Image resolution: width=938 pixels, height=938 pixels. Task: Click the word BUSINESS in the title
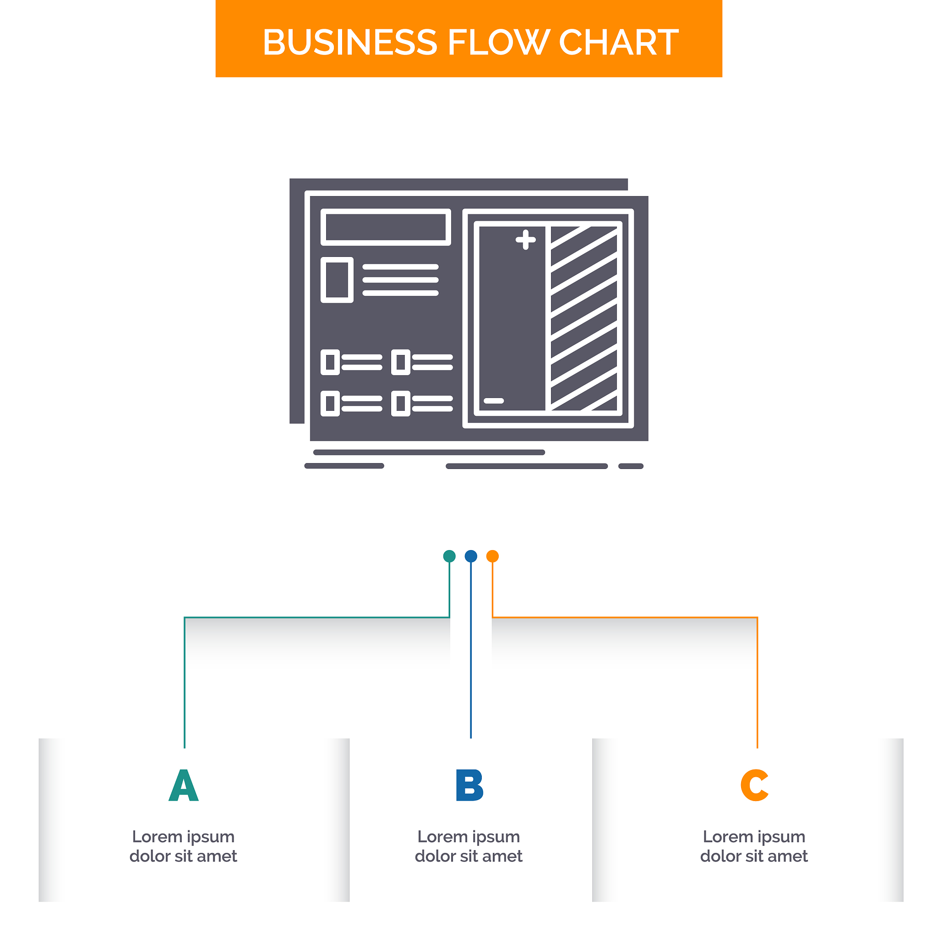[349, 42]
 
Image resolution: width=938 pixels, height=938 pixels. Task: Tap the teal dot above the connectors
[450, 556]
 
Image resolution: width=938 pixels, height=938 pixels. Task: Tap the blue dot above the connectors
[471, 556]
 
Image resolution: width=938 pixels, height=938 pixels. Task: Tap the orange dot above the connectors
[492, 556]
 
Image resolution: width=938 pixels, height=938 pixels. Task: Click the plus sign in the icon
[525, 240]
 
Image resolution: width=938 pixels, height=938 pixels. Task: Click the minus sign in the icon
[494, 401]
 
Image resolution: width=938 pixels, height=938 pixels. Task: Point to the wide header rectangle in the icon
[386, 227]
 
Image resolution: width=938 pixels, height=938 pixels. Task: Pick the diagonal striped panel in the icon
[584, 318]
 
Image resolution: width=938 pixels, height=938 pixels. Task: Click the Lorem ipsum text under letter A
[184, 846]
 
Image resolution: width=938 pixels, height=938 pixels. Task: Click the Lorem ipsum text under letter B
[469, 846]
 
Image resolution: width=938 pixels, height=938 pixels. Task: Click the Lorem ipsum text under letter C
[754, 846]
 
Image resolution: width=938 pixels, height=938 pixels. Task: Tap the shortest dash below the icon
[631, 467]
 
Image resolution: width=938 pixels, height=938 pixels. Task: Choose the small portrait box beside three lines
[337, 280]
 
